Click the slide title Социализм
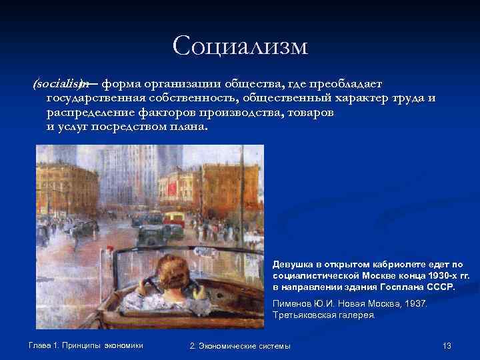[x=240, y=46]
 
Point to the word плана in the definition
[x=187, y=127]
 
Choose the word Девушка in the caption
[x=291, y=265]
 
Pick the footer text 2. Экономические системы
[x=240, y=345]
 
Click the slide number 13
[x=447, y=345]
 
